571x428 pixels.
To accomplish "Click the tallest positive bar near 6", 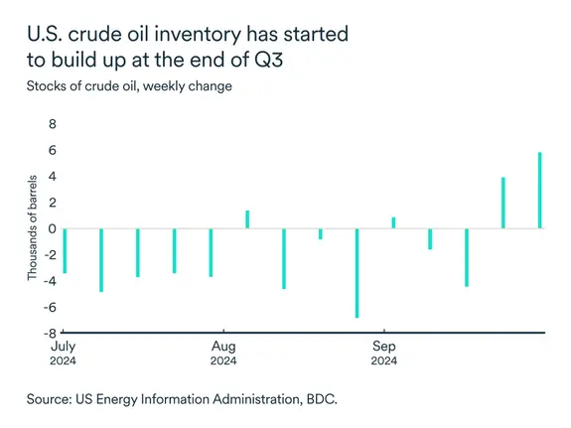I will point(540,190).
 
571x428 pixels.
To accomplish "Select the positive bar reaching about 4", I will point(503,203).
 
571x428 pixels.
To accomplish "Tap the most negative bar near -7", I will point(357,272).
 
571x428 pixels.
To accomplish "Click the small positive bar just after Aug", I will point(247,219).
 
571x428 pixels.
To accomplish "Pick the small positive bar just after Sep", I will point(393,222).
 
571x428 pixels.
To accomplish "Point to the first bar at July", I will point(65,250).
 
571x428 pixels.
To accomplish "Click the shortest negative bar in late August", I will point(320,233).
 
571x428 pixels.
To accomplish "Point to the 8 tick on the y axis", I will point(54,125).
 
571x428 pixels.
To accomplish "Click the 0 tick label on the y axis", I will point(54,228).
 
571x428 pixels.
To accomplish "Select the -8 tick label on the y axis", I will point(51,332).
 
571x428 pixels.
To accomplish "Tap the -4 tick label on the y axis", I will point(51,280).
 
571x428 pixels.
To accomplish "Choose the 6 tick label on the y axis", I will point(54,151).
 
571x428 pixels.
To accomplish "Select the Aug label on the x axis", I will point(223,347).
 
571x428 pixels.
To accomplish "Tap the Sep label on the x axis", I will point(384,347).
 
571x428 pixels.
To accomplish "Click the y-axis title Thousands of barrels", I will point(32,228).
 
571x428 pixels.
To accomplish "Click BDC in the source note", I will point(320,399).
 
